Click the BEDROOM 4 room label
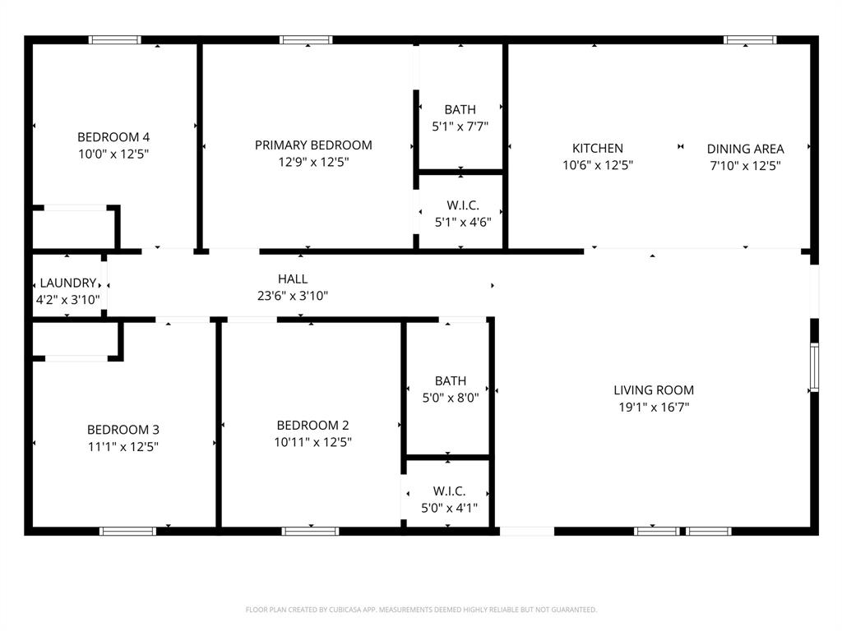tap(113, 137)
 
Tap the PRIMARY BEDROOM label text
tap(313, 145)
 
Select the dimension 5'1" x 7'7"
tap(460, 127)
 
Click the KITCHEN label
tap(598, 149)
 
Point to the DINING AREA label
tap(745, 149)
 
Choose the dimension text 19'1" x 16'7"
tap(654, 407)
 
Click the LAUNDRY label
tap(68, 283)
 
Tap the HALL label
tap(293, 279)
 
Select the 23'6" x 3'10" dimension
tap(293, 296)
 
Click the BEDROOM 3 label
tap(123, 430)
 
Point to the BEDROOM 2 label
tap(312, 425)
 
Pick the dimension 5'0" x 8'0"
tap(451, 397)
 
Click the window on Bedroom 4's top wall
tap(115, 39)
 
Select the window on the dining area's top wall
tap(749, 39)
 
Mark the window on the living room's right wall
tap(814, 367)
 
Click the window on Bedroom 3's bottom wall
tap(127, 531)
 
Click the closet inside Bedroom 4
tap(74, 228)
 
